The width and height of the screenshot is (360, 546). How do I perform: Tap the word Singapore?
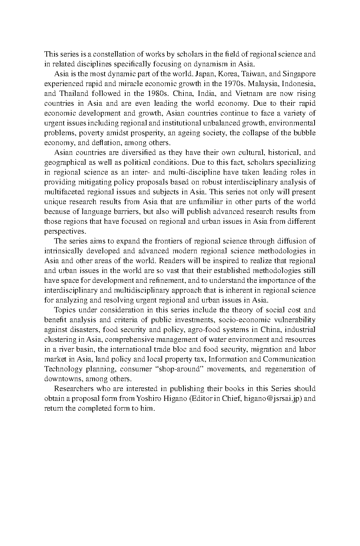pos(299,74)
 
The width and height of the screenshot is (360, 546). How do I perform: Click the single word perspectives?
pos(63,231)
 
